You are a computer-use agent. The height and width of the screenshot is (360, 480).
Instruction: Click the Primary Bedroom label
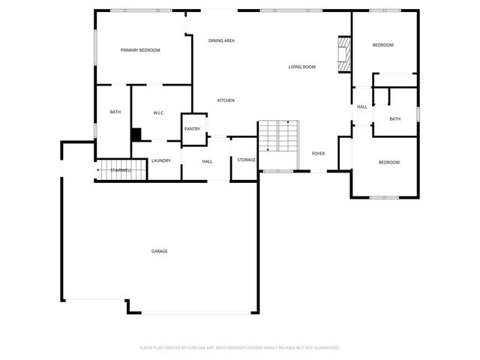(x=141, y=50)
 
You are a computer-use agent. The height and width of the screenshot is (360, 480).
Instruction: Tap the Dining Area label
(x=221, y=40)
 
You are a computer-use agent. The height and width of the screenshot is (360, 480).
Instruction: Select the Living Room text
(x=301, y=67)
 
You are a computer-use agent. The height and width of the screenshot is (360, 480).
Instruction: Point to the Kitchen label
(x=226, y=100)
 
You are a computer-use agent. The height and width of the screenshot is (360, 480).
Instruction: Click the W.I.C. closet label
(x=159, y=113)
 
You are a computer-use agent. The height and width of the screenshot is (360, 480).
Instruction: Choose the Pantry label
(x=192, y=129)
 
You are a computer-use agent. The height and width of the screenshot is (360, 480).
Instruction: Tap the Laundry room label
(x=160, y=160)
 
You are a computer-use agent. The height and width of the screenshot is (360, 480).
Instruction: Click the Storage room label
(x=246, y=160)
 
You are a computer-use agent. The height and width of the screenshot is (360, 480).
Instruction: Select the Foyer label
(x=318, y=154)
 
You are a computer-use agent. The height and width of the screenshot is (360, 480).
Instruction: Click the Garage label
(x=159, y=251)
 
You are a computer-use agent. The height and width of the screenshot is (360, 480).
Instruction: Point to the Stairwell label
(x=121, y=171)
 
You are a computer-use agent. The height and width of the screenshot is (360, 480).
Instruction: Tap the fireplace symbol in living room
(x=344, y=54)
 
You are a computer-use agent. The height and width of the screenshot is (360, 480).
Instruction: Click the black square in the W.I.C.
(x=136, y=134)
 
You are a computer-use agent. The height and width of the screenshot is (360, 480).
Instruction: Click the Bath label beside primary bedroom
(x=115, y=112)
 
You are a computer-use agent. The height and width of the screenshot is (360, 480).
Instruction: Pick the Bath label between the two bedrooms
(x=394, y=118)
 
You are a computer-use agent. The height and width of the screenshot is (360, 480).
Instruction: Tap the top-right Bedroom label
(x=382, y=45)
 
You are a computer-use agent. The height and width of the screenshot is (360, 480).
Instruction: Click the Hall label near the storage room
(x=207, y=161)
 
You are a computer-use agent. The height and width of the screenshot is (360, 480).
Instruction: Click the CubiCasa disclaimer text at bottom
(x=240, y=348)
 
